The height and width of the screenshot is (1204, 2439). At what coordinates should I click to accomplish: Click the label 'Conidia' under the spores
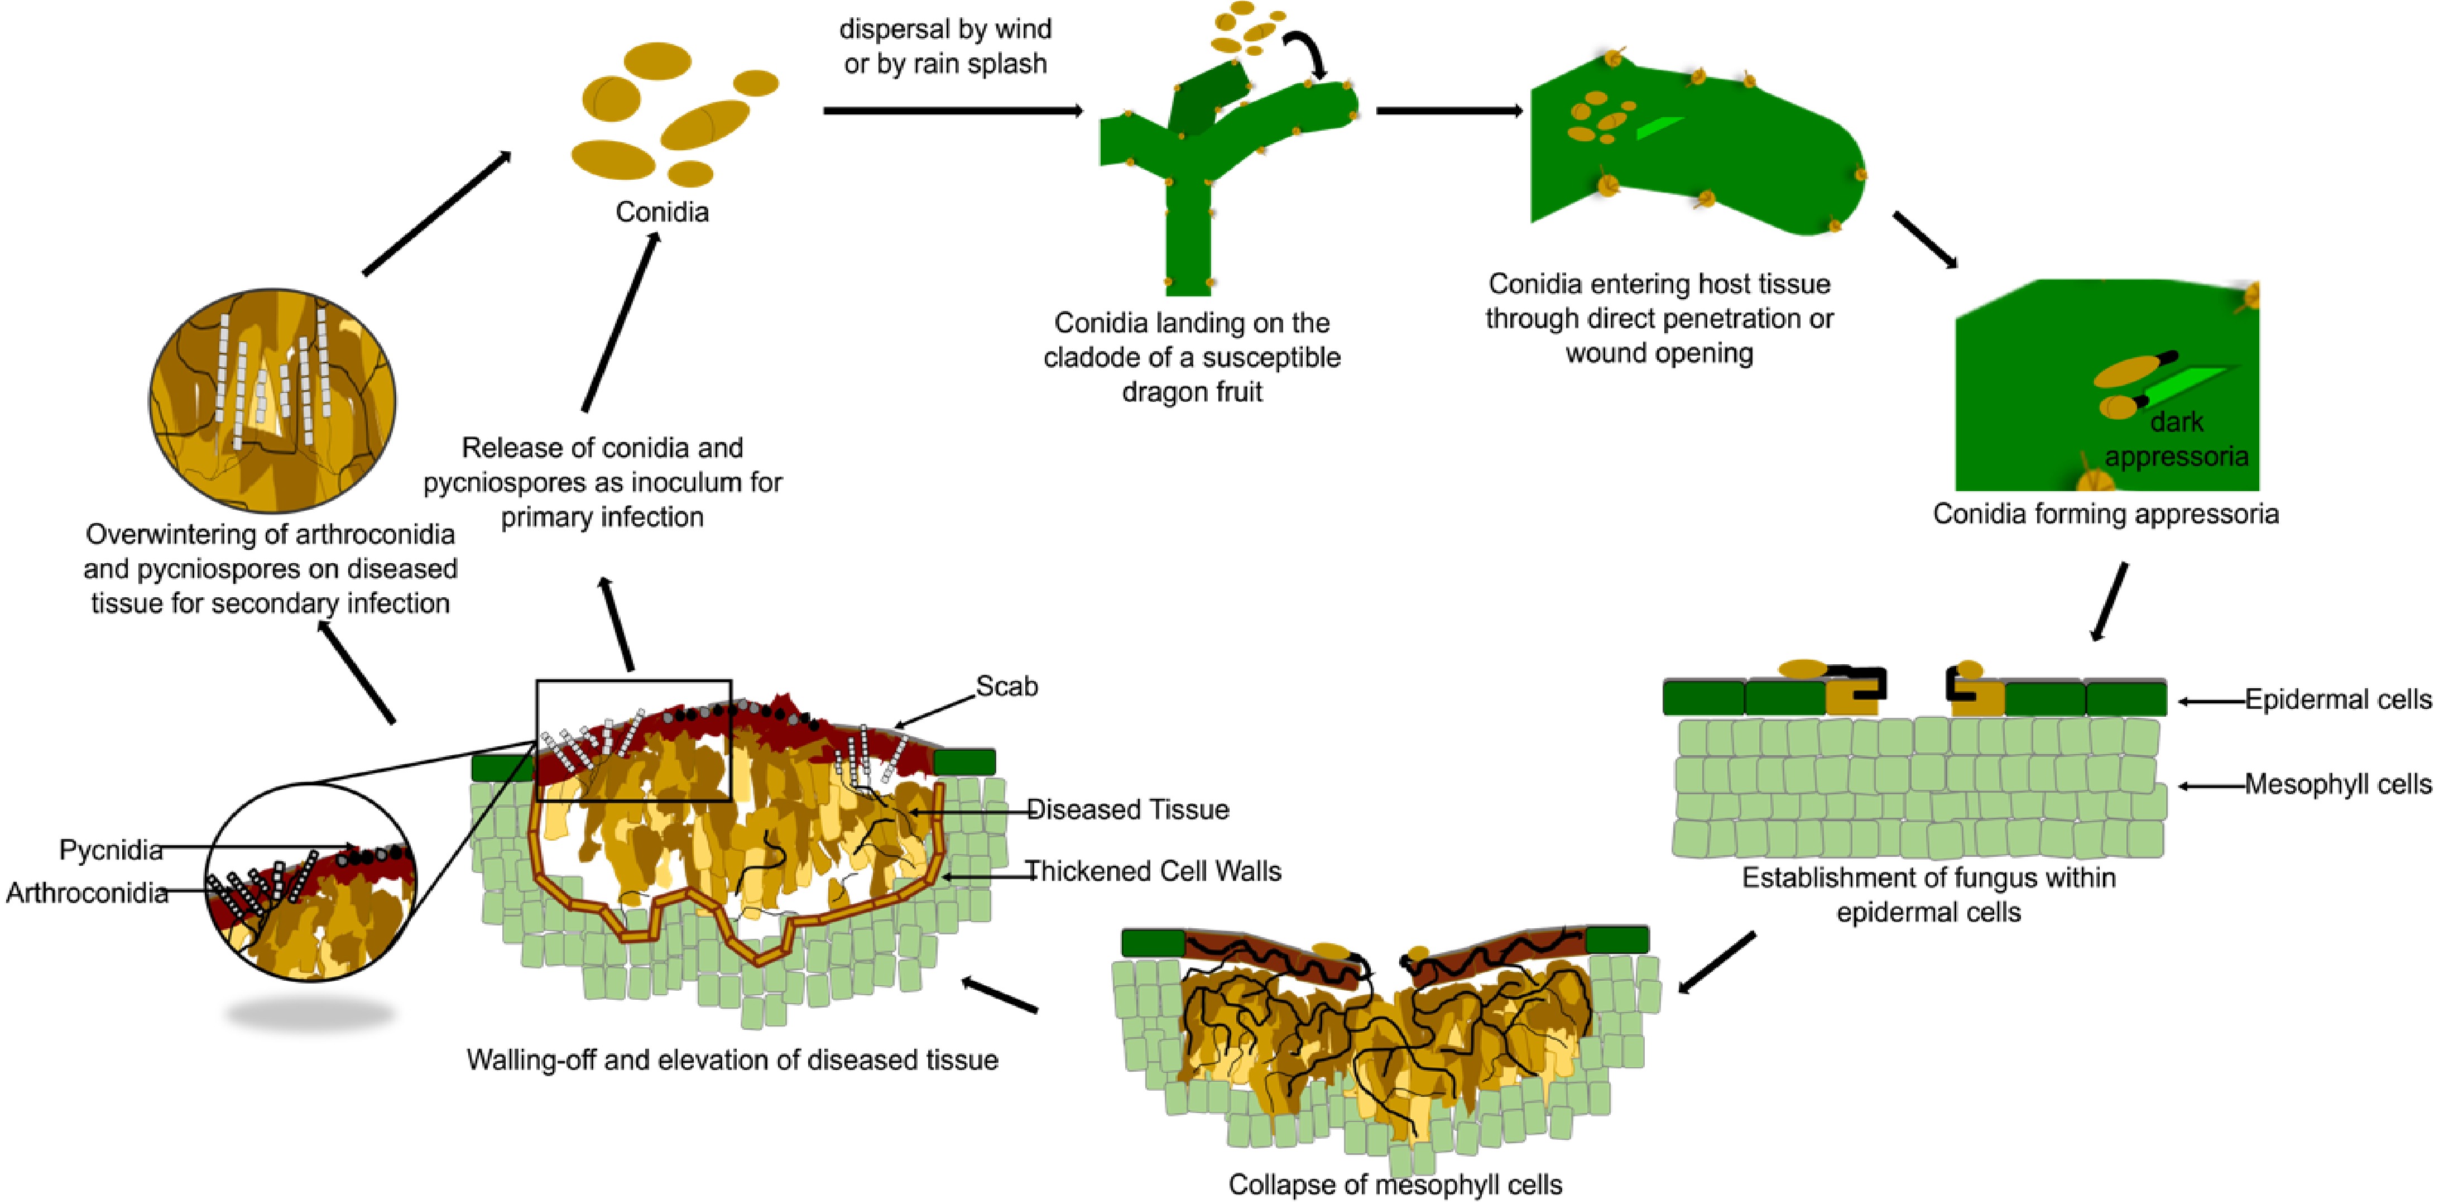(662, 211)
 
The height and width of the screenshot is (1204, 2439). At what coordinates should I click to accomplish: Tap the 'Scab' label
(1006, 686)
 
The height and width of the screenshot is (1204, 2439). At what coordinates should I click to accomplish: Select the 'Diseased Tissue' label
(1127, 810)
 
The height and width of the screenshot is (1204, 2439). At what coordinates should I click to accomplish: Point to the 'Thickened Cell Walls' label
(1153, 871)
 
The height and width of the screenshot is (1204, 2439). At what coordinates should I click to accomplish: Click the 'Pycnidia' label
(111, 850)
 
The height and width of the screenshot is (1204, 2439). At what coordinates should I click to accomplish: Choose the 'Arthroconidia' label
(87, 893)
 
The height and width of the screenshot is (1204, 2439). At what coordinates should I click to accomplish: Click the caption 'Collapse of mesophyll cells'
(1395, 1184)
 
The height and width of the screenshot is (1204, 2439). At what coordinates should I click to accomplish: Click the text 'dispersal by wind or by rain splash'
(945, 46)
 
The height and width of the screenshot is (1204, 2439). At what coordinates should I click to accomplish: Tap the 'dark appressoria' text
(2176, 439)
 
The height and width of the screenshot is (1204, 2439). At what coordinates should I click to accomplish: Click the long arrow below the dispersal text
(952, 111)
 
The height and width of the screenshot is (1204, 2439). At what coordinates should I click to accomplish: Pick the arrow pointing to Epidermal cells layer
(2212, 701)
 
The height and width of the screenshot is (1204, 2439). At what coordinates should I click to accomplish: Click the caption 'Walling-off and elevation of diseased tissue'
(732, 1059)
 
